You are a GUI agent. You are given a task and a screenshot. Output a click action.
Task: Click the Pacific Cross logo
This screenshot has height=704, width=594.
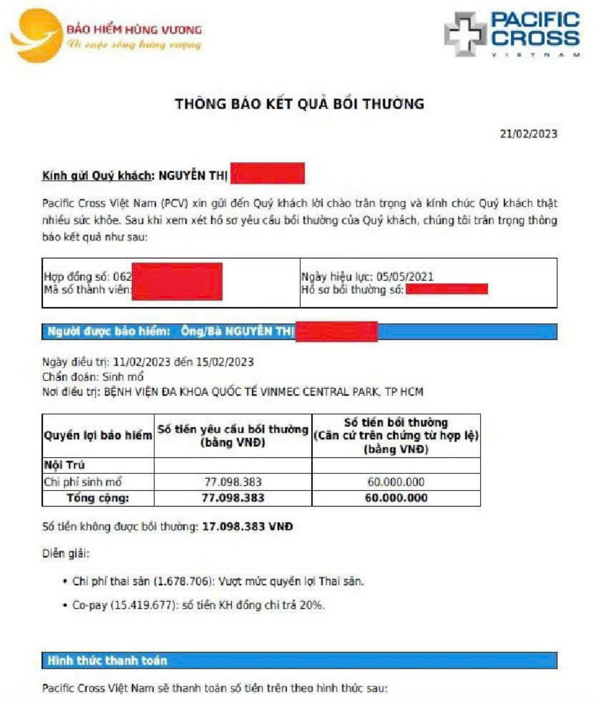pos(511,34)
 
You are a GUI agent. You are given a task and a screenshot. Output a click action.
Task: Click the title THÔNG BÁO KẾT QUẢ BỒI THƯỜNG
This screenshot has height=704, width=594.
pos(299,104)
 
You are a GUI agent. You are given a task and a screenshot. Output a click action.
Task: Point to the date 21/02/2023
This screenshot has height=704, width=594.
pos(528,134)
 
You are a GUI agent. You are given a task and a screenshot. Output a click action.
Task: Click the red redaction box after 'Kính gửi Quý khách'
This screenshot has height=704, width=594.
pos(268,173)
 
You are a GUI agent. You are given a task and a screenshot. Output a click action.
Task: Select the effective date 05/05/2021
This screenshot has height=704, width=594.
pos(405,276)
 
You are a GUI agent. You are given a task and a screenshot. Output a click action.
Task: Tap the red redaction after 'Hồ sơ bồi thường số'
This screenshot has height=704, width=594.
pos(446,289)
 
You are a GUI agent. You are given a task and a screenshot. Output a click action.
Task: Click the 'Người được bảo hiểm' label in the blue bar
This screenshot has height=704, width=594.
pos(109,331)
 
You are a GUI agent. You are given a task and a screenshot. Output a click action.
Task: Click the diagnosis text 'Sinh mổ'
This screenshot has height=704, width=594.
pos(123,377)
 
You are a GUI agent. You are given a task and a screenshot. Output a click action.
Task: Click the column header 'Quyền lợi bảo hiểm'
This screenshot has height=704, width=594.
pos(98,436)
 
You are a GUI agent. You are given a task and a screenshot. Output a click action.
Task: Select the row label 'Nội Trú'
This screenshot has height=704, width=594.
pos(64,465)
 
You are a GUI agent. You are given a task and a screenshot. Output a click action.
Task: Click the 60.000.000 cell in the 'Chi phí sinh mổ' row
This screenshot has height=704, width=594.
pos(395,482)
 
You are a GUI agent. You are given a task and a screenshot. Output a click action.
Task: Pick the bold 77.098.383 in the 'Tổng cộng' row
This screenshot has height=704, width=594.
pos(233,498)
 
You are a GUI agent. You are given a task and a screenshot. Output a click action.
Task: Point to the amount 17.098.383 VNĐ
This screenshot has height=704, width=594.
pos(247,527)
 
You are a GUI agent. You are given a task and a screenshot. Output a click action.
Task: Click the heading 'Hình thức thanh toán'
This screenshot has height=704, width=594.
pos(107,660)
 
